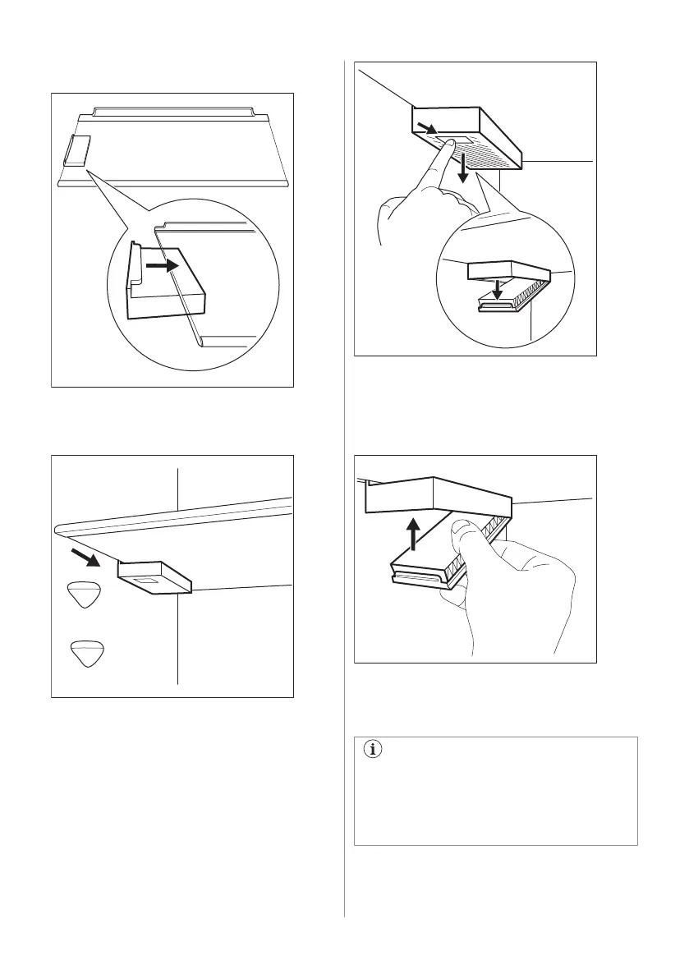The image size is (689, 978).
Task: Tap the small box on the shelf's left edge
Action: coord(76,152)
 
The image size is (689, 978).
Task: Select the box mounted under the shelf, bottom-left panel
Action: coord(154,577)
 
